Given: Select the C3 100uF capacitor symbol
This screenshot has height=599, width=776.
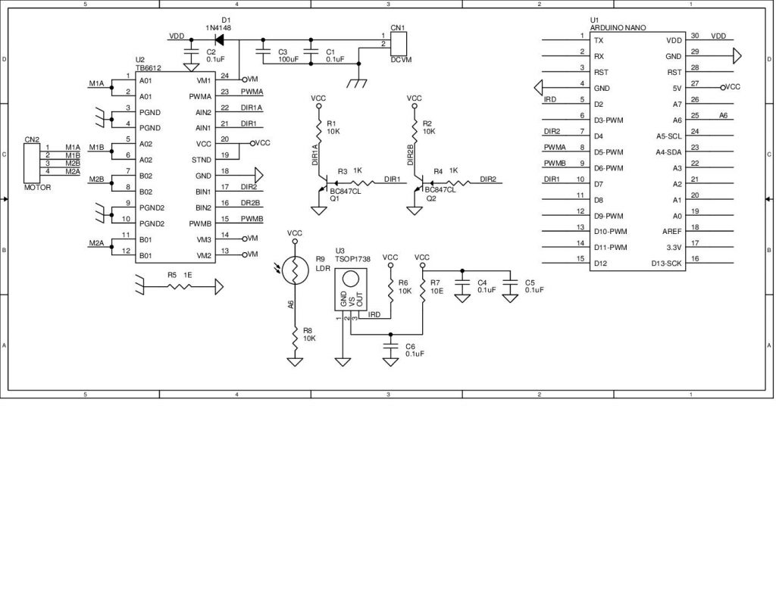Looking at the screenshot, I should click(x=263, y=53).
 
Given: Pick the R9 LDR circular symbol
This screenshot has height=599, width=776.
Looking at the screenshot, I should click(x=295, y=269).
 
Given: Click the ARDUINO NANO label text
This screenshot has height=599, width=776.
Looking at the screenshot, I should click(x=618, y=27).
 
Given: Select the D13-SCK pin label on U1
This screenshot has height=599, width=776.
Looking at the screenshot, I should click(x=666, y=264).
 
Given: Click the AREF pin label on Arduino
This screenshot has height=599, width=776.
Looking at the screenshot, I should click(x=671, y=232).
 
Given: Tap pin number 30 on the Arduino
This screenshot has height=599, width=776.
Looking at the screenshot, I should click(x=694, y=36).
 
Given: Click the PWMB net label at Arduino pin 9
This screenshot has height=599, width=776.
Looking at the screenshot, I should click(x=554, y=164).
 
